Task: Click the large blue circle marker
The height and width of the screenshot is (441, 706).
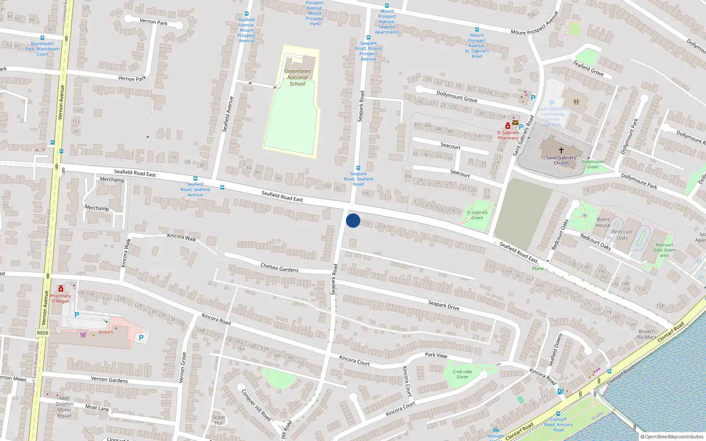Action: click(x=353, y=220)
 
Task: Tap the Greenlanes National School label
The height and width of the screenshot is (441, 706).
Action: click(x=297, y=77)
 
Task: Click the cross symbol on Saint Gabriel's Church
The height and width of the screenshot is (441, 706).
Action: click(x=561, y=150)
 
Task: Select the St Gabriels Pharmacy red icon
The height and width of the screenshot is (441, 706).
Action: click(x=508, y=126)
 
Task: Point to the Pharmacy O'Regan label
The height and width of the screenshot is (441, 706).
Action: click(x=60, y=299)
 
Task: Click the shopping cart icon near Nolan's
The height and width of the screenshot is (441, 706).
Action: click(x=83, y=335)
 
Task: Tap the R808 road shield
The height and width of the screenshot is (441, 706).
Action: click(x=42, y=333)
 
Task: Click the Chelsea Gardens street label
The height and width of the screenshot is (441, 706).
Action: click(x=279, y=267)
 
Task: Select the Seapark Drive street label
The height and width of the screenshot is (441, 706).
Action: click(x=443, y=305)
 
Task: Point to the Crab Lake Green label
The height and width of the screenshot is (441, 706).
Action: click(x=462, y=374)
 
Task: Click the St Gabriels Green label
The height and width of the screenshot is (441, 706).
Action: click(x=477, y=215)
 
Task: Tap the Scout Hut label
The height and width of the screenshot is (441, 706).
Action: click(x=218, y=420)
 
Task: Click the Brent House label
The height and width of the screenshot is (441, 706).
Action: click(x=603, y=222)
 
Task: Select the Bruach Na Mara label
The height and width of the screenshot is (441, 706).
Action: click(x=646, y=334)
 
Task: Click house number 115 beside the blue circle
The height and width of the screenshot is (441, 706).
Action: click(x=365, y=224)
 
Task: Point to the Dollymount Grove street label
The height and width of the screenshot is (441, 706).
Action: click(x=457, y=96)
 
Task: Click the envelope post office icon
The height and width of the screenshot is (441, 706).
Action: click(x=515, y=123)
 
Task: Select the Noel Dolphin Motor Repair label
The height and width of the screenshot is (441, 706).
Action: click(x=64, y=407)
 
